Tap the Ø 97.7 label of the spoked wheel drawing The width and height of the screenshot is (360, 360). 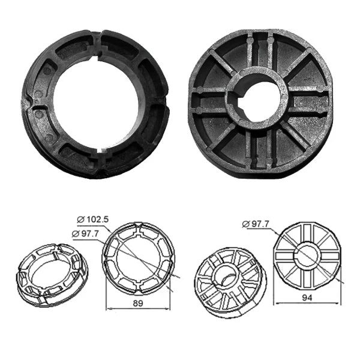coord(257,224)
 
